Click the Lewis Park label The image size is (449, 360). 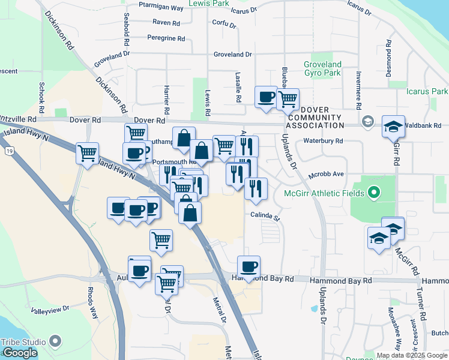tap(208, 4)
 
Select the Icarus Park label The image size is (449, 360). tap(427, 92)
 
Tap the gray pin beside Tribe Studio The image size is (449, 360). tap(56, 341)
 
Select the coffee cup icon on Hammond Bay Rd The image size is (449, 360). tap(249, 266)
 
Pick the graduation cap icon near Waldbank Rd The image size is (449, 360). tap(393, 127)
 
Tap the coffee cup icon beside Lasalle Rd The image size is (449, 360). tap(265, 97)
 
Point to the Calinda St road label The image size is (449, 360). tap(265, 217)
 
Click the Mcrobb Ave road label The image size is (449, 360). tap(325, 175)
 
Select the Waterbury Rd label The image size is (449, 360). tap(322, 141)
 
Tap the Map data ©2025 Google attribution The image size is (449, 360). tap(412, 355)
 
